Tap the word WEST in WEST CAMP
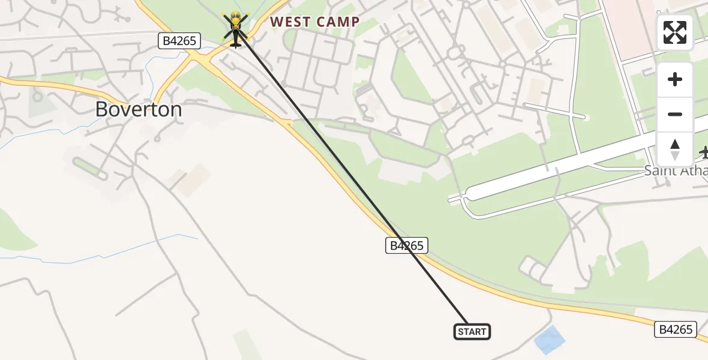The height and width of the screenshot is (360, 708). click(290, 23)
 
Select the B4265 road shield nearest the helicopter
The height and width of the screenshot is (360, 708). click(179, 41)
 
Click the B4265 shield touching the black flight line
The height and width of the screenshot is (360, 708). click(406, 245)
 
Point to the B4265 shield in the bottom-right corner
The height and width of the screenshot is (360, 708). click(677, 329)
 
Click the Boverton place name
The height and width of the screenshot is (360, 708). click(139, 109)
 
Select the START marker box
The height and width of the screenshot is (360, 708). click(472, 332)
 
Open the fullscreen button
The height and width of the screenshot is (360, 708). click(675, 32)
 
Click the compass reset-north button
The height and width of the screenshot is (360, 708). click(675, 149)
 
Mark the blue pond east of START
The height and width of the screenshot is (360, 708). click(550, 340)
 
